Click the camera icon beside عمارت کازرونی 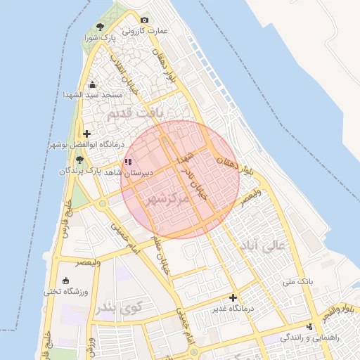(x=145, y=20)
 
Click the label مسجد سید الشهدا (x=84, y=94)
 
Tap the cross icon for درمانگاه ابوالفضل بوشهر (x=86, y=134)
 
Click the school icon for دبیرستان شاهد (x=127, y=162)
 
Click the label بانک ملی (x=297, y=281)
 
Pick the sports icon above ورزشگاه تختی (x=66, y=281)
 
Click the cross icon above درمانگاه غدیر (x=233, y=297)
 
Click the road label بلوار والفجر (x=342, y=309)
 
